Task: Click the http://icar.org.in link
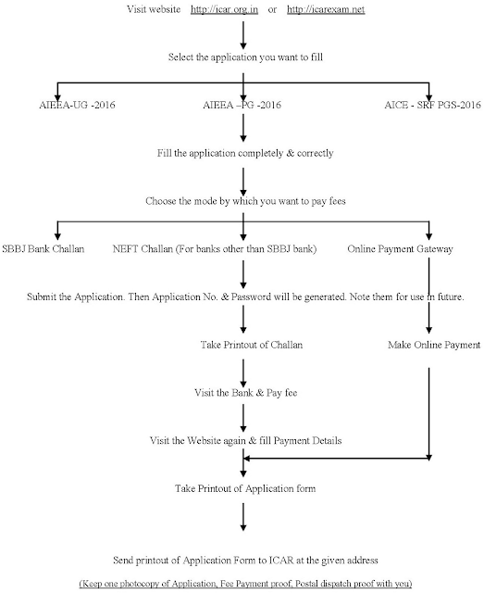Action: tap(224, 9)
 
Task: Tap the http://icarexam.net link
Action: tap(326, 9)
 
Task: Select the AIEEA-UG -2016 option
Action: tap(77, 105)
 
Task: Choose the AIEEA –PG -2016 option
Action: tap(242, 105)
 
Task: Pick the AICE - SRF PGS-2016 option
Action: tap(432, 105)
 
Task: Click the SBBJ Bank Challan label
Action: tap(43, 249)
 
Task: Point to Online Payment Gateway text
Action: tap(400, 249)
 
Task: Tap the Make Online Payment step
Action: tap(434, 345)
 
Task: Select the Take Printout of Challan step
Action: tap(252, 345)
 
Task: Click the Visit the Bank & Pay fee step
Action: tap(246, 393)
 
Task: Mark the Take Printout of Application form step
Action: tap(245, 488)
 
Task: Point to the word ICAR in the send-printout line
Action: tap(281, 560)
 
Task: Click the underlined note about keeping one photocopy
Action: tap(245, 584)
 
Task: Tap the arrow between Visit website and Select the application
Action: tap(243, 35)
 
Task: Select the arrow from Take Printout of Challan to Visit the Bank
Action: tap(243, 372)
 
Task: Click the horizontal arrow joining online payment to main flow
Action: tap(336, 459)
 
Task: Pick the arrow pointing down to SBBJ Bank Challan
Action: tap(57, 231)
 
